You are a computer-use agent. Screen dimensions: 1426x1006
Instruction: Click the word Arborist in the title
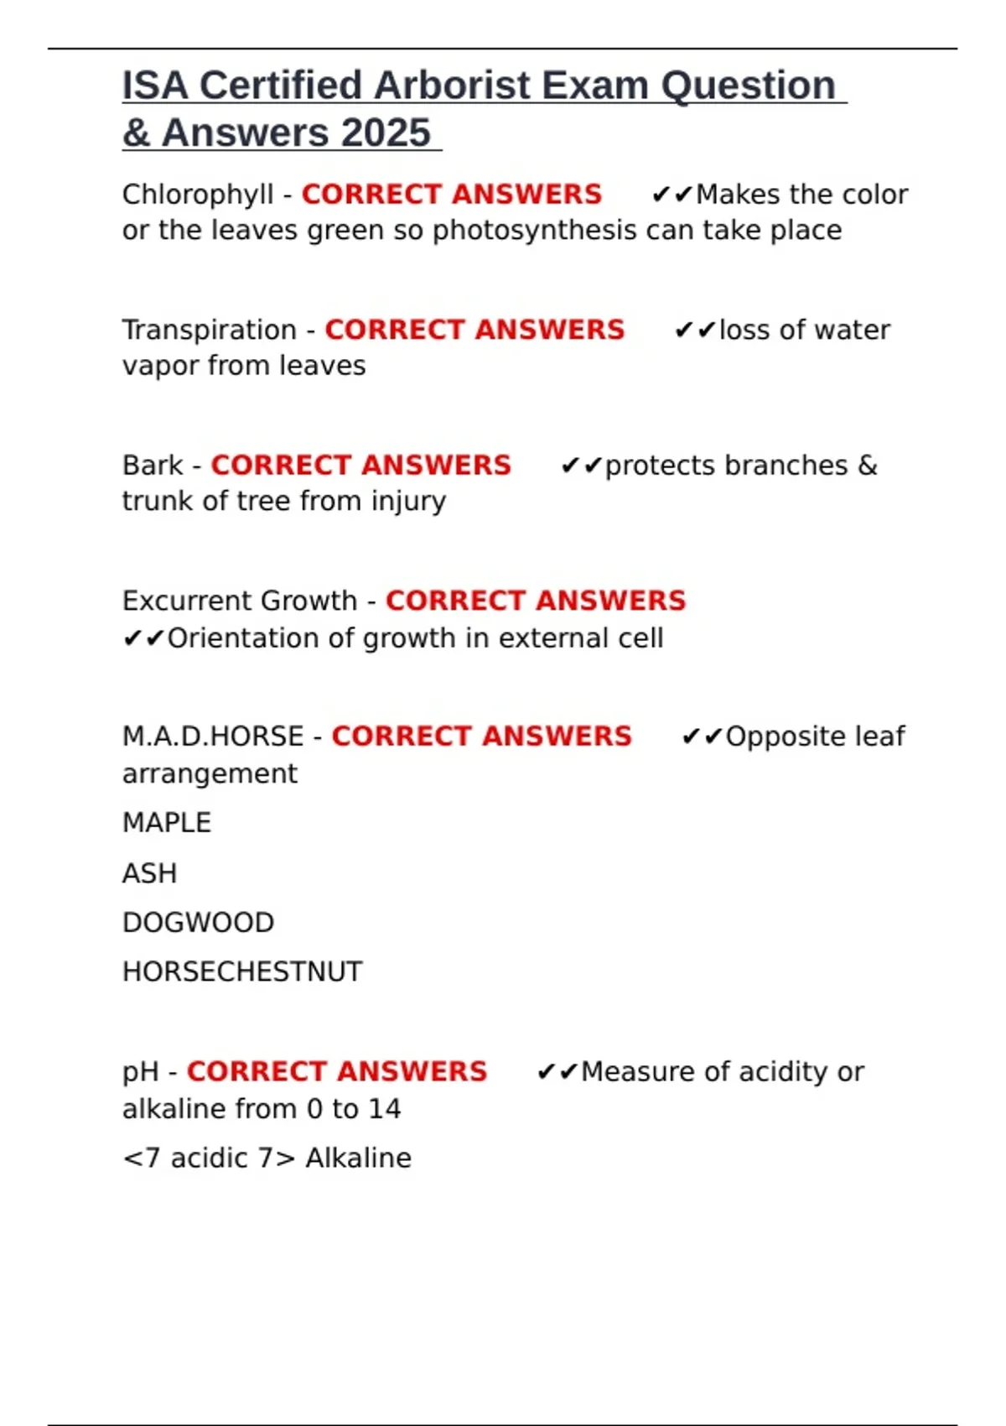coord(453,86)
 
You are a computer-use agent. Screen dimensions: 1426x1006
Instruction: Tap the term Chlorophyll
coord(198,195)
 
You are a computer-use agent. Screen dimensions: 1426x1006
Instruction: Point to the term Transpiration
coord(210,330)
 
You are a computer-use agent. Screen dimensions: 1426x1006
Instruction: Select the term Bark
coord(153,466)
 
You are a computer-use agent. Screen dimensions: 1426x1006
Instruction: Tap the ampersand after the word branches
coord(868,466)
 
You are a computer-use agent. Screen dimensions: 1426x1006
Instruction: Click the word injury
coord(409,502)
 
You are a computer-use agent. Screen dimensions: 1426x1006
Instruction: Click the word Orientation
coord(243,638)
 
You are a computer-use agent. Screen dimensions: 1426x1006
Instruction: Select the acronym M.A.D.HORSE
coord(213,736)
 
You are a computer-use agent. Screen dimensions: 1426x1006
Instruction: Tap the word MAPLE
coord(167,823)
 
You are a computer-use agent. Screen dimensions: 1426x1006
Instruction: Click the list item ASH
coord(149,873)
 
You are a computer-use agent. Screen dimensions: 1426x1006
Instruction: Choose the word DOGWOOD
coord(198,923)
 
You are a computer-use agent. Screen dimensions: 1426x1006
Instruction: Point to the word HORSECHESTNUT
coord(242,972)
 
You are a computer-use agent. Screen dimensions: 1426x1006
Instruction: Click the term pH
coord(140,1072)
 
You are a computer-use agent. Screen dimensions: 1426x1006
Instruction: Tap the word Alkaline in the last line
coord(358,1158)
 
